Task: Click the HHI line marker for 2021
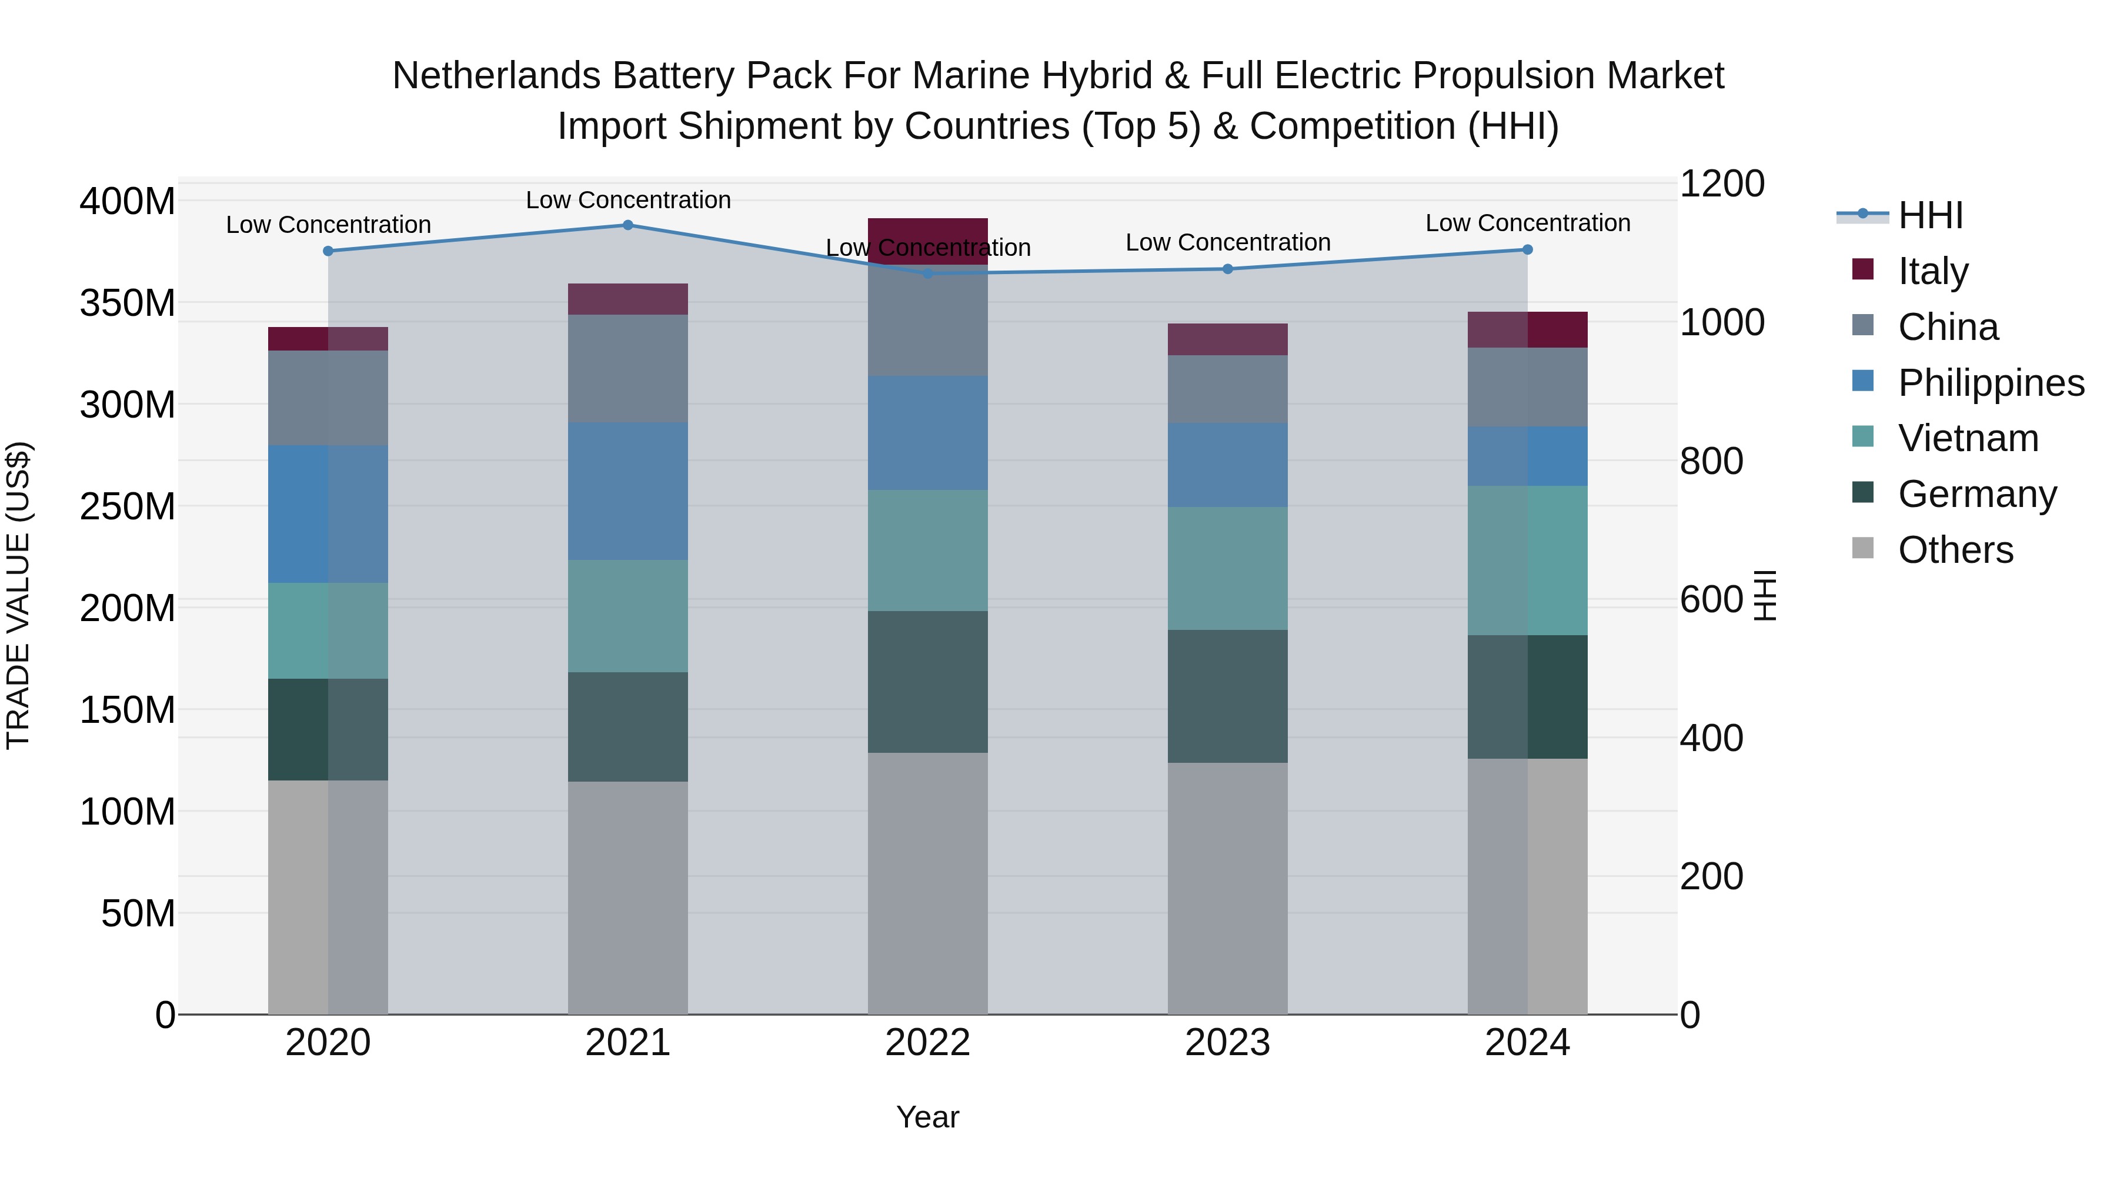click(x=628, y=225)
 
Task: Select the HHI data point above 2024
click(x=1527, y=250)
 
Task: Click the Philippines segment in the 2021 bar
click(x=628, y=492)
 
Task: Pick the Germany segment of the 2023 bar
click(x=1228, y=696)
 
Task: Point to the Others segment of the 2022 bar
click(x=928, y=883)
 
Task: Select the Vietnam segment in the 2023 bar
click(x=1228, y=568)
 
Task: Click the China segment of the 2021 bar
click(x=628, y=369)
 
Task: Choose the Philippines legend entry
click(x=1991, y=383)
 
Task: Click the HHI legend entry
click(x=1929, y=215)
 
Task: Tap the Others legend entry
click(x=1955, y=550)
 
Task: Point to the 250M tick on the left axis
click(x=128, y=507)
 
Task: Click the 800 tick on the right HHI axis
click(x=1711, y=461)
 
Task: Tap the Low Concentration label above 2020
click(x=328, y=225)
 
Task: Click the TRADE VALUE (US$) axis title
click(x=18, y=595)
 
